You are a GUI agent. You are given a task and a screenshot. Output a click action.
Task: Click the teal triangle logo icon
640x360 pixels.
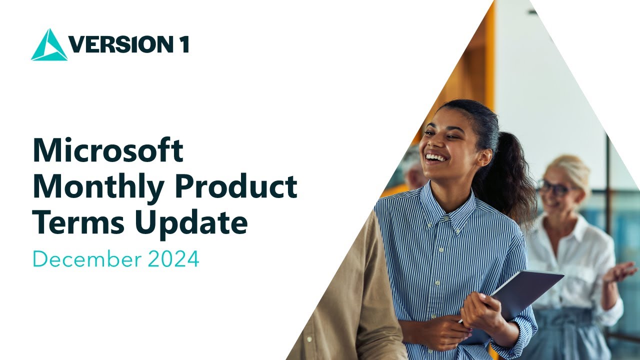[49, 46]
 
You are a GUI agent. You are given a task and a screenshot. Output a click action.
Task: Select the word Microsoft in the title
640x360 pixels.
[108, 150]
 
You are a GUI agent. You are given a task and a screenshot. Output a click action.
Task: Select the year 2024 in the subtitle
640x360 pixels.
[173, 259]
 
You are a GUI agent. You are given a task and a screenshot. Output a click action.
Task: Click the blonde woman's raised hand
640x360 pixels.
[620, 272]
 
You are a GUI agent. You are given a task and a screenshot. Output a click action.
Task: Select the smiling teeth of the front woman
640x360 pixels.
[436, 158]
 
